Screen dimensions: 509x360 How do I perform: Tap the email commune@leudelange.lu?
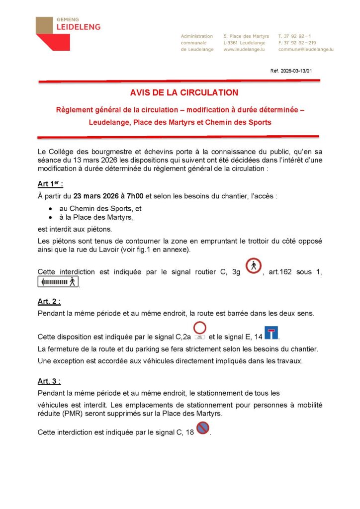[x=305, y=50]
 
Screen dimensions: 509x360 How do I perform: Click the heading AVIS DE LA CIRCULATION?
[x=184, y=92]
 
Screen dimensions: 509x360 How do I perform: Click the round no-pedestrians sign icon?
[x=254, y=266]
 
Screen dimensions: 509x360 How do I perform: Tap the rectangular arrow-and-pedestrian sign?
[x=58, y=282]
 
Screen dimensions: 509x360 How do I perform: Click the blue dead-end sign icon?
[x=271, y=333]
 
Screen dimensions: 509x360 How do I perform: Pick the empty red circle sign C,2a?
[x=200, y=328]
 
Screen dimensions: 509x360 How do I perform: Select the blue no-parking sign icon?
[x=203, y=427]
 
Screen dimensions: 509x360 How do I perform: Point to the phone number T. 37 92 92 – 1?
[x=295, y=36]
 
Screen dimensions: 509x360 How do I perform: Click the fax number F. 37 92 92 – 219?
[x=297, y=43]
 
